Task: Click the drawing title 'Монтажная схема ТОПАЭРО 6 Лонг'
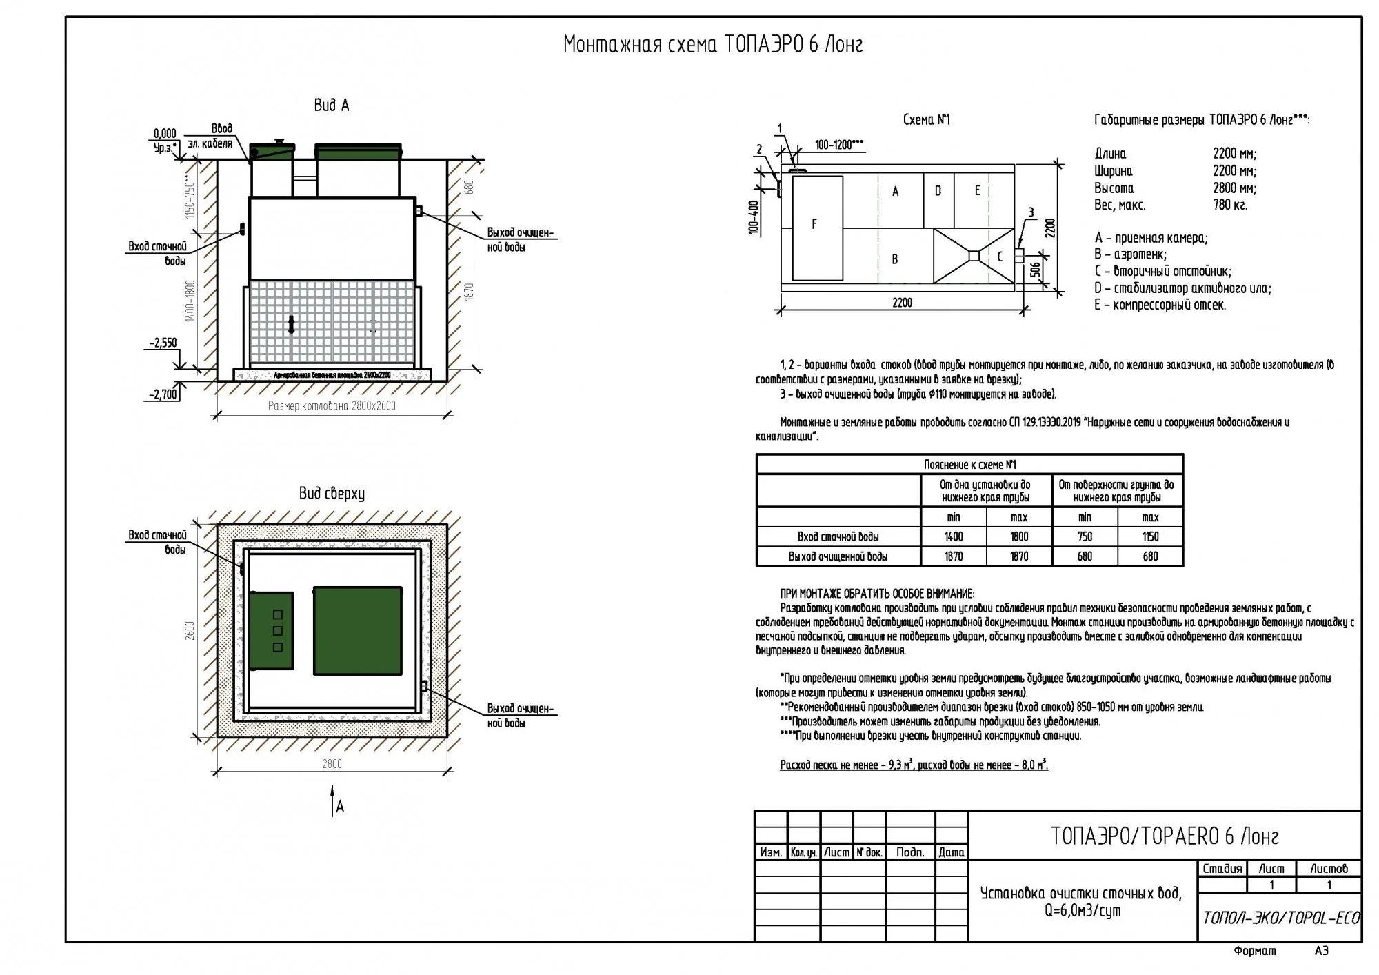click(713, 44)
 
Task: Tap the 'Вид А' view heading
click(332, 105)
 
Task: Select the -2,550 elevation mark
click(163, 343)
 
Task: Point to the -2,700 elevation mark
click(163, 395)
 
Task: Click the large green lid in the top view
click(358, 630)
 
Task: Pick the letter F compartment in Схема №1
click(815, 224)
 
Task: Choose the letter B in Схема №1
click(895, 259)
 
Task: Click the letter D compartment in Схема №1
click(938, 192)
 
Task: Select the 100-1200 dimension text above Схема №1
click(839, 145)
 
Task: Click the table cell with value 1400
click(954, 537)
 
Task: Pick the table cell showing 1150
click(1150, 537)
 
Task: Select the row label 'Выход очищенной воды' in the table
click(838, 556)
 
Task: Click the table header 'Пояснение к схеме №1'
click(969, 465)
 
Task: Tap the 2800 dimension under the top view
click(332, 764)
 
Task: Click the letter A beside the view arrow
click(340, 807)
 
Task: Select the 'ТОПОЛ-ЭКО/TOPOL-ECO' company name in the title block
click(1281, 918)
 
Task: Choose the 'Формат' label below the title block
click(1255, 952)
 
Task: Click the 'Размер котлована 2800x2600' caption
click(332, 406)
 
